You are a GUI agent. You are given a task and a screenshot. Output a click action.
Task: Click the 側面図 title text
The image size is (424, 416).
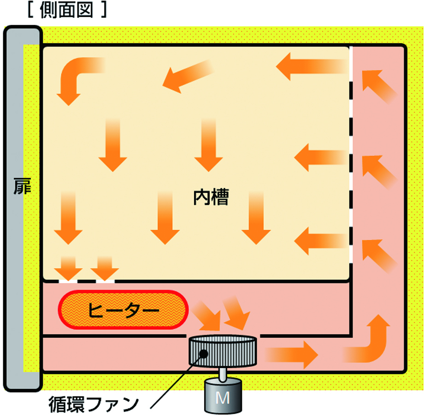pyautogui.click(x=66, y=10)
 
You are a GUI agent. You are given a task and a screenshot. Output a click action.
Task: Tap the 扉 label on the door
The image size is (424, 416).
pyautogui.click(x=22, y=186)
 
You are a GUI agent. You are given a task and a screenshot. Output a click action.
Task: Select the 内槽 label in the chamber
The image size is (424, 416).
pyautogui.click(x=211, y=197)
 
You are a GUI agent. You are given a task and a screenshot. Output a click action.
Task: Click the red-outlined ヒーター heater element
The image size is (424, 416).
pyautogui.click(x=123, y=310)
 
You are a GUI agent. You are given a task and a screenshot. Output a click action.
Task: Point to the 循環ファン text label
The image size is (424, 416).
pyautogui.click(x=94, y=404)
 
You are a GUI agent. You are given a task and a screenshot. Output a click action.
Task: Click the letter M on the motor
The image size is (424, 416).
pyautogui.click(x=223, y=398)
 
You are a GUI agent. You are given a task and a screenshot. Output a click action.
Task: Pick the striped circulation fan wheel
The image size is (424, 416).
pyautogui.click(x=223, y=351)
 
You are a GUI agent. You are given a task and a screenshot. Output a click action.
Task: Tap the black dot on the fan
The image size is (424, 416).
pyautogui.click(x=203, y=353)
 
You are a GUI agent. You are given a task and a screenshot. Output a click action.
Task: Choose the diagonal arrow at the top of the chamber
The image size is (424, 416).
pyautogui.click(x=188, y=76)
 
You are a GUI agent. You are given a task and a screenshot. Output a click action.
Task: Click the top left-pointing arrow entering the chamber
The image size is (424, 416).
pyautogui.click(x=312, y=66)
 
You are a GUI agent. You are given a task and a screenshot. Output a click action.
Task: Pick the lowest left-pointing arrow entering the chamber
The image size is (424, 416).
pyautogui.click(x=321, y=241)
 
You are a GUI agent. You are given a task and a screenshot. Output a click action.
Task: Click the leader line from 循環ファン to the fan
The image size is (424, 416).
pyautogui.click(x=177, y=381)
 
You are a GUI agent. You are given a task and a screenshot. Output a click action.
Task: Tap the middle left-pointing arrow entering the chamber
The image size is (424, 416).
pyautogui.click(x=321, y=157)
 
